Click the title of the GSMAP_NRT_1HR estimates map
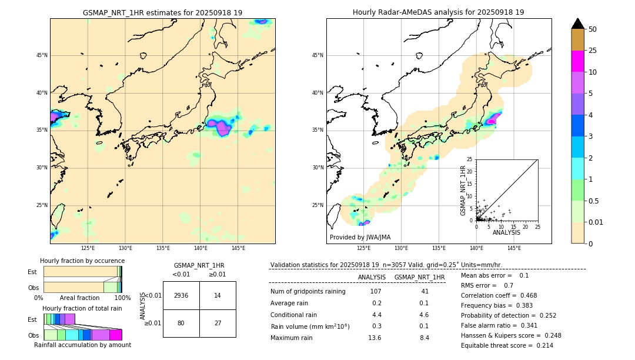(x=162, y=12)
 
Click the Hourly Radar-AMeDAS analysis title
(x=438, y=12)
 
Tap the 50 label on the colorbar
(x=593, y=29)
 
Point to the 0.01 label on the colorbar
(x=596, y=222)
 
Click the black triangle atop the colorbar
(x=578, y=24)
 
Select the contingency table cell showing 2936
(x=181, y=295)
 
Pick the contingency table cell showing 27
(x=218, y=323)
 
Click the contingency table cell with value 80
(x=181, y=323)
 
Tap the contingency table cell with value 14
(x=218, y=295)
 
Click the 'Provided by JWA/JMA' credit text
(x=360, y=237)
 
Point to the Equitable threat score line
(x=507, y=345)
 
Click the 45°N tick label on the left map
(x=42, y=55)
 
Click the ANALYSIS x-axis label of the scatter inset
(x=506, y=232)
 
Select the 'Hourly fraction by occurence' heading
(x=82, y=261)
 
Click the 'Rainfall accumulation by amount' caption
(x=82, y=345)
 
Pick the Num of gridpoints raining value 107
(x=375, y=292)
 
